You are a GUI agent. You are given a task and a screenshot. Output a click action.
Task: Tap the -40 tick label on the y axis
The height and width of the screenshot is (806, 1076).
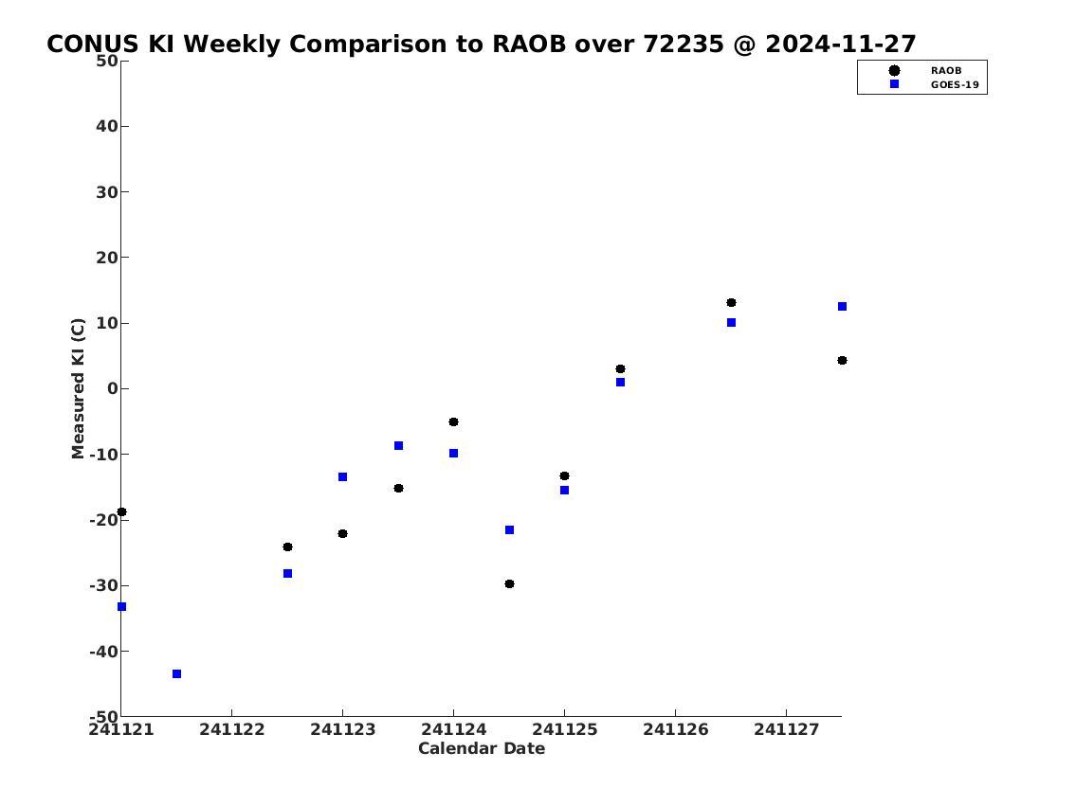(x=103, y=651)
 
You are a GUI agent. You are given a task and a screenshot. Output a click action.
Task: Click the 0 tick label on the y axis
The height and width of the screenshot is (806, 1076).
(x=113, y=388)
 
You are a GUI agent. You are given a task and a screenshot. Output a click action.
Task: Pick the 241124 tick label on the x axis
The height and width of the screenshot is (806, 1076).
(x=453, y=729)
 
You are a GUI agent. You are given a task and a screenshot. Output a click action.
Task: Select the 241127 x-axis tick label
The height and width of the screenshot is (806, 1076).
(x=787, y=729)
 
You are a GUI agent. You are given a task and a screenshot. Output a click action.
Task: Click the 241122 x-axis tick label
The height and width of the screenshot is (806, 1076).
(x=232, y=729)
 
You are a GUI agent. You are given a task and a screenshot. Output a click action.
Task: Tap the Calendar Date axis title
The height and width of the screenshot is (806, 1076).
(x=482, y=748)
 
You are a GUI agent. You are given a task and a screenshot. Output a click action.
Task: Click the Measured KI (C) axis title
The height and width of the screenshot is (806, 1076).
(x=78, y=388)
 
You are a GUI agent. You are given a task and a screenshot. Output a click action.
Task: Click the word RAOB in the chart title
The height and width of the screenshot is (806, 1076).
(x=529, y=44)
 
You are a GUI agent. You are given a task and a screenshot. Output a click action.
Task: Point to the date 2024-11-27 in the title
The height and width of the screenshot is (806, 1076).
(x=841, y=44)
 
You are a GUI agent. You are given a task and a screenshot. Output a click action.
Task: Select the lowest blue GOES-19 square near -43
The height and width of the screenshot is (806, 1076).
(x=177, y=674)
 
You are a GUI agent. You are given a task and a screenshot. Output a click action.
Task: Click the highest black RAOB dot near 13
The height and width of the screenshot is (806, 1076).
(x=732, y=303)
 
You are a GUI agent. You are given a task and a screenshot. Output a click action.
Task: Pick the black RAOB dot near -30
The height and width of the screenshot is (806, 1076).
(x=509, y=584)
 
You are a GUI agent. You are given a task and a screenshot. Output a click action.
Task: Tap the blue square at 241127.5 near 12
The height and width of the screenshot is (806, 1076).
(x=842, y=306)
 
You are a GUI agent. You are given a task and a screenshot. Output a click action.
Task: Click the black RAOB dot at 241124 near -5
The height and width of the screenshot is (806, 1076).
(x=453, y=422)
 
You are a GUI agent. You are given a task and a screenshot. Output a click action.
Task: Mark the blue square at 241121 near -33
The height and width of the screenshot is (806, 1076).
(x=121, y=606)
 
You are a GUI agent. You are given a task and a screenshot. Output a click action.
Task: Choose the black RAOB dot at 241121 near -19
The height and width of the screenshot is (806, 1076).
(x=121, y=512)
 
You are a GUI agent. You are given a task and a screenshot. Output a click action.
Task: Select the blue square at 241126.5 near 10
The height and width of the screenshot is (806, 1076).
(x=732, y=323)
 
